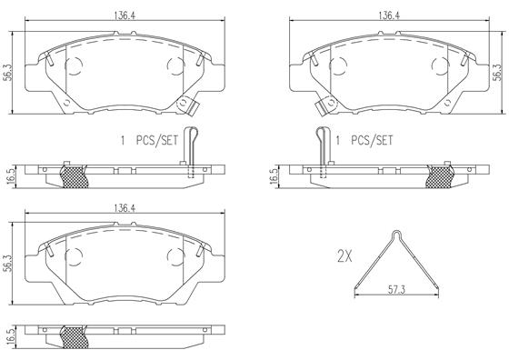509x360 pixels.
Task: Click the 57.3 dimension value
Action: coord(396,290)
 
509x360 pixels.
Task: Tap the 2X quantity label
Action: coord(344,256)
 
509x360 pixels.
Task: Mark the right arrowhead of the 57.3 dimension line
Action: coord(436,295)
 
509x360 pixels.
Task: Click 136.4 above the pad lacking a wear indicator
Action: coord(125,208)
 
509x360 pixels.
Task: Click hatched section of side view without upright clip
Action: coord(75,337)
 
